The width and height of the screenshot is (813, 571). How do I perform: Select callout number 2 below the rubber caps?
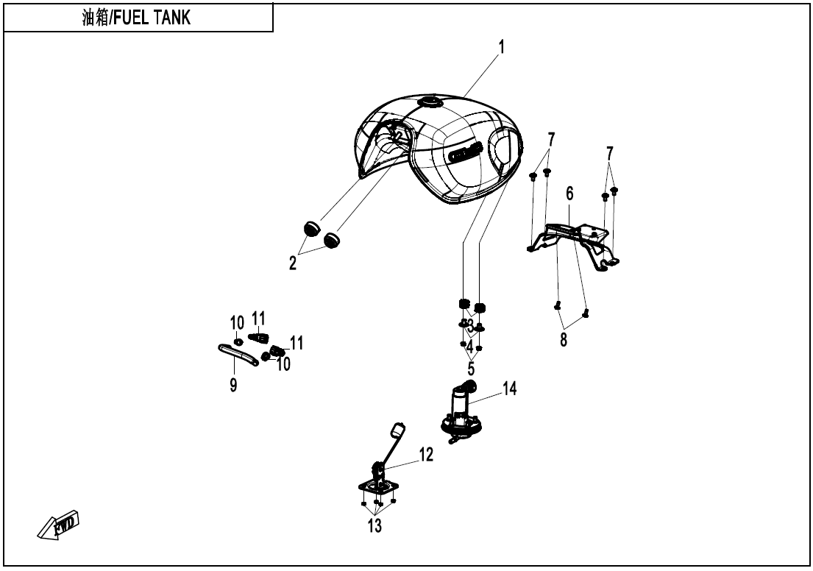(x=293, y=263)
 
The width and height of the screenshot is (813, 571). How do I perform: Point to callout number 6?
(x=569, y=194)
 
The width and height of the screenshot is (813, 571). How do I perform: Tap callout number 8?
(x=564, y=341)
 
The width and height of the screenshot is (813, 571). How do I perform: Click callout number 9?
(x=233, y=384)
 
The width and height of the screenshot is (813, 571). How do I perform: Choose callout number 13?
(x=375, y=526)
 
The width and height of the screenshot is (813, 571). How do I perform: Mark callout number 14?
(x=510, y=388)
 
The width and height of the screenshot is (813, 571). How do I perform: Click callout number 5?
(x=470, y=366)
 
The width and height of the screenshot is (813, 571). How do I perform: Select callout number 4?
(x=469, y=344)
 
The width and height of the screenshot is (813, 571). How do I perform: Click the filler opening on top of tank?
(x=428, y=102)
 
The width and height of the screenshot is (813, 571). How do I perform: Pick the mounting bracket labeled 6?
(x=574, y=239)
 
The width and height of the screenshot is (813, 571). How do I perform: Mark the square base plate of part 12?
(x=378, y=487)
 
